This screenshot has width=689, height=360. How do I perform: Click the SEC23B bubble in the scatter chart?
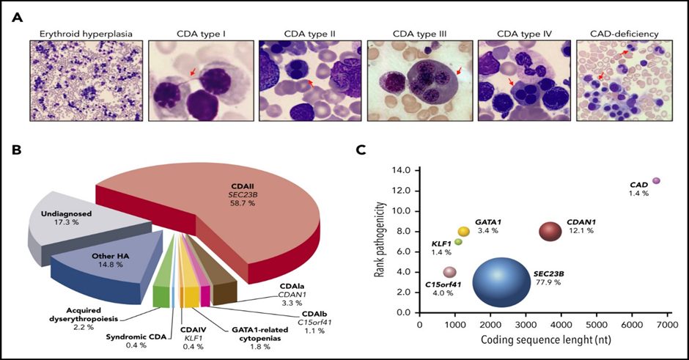pos(499,279)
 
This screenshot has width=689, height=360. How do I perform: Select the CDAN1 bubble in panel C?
pos(550,232)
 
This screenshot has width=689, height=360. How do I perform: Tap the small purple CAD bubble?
pos(656,180)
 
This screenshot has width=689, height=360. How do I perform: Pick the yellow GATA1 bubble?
pos(463,232)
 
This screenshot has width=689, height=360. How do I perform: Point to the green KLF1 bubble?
pos(458,241)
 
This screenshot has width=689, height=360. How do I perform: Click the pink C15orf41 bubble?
pos(449,272)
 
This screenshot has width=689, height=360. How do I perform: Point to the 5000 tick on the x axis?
pos(596,323)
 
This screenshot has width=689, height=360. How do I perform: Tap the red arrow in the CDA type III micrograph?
pos(458,72)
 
